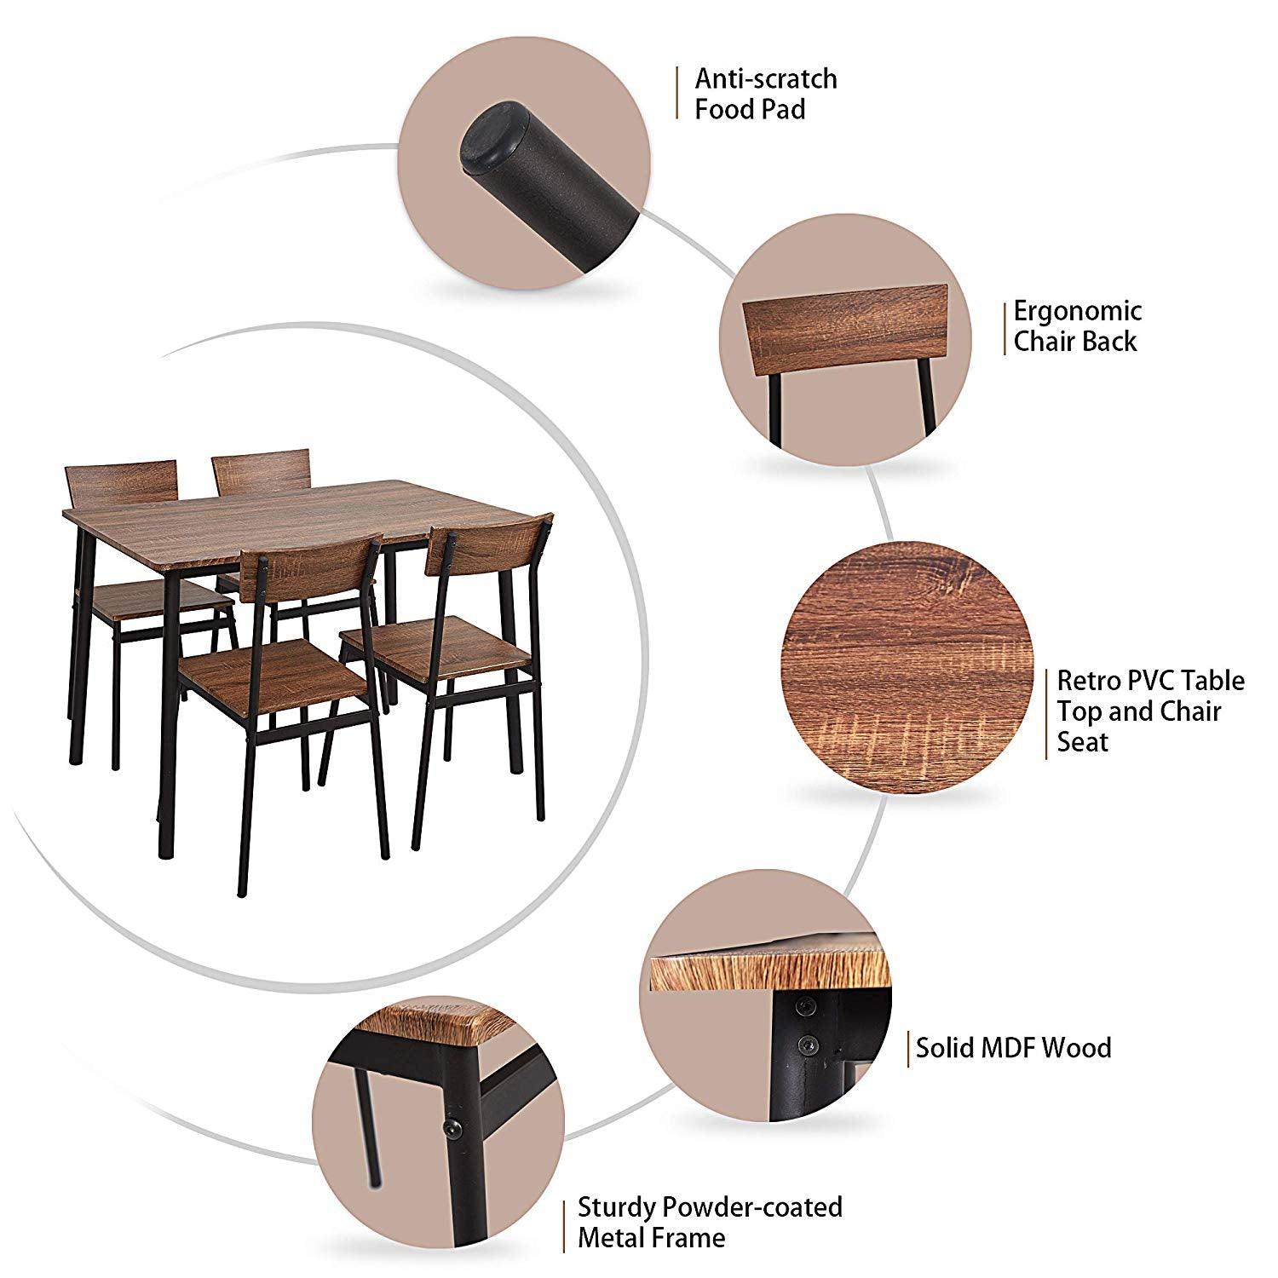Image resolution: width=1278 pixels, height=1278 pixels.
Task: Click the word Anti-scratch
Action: pos(766,78)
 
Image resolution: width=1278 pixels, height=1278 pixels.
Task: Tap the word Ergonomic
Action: pos(1077,312)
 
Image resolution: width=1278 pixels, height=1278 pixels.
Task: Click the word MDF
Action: pos(1008,1047)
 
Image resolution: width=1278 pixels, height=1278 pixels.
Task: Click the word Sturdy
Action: pos(619,1208)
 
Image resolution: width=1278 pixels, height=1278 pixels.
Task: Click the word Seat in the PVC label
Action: pos(1083,741)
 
